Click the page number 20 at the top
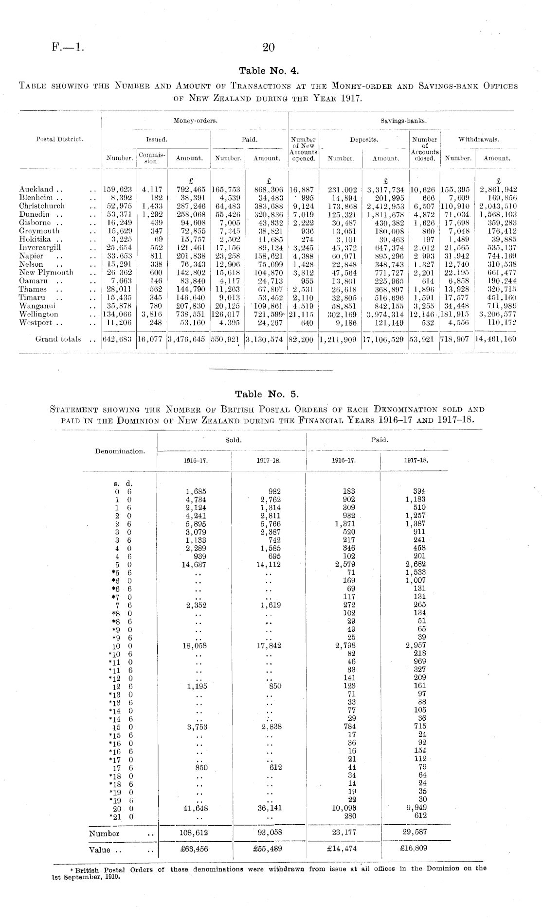click(269, 48)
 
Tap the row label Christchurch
click(42, 206)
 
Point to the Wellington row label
click(38, 314)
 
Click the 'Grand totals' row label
click(58, 339)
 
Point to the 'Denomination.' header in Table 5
click(120, 451)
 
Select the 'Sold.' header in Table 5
click(232, 440)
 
